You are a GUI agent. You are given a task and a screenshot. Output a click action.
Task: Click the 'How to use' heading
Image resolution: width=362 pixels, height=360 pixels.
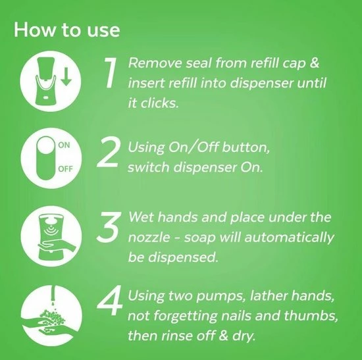pos(67,30)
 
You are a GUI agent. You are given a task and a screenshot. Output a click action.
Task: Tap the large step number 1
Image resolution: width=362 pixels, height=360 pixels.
pos(111,72)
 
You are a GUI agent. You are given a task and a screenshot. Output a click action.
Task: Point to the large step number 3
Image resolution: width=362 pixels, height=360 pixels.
pos(109,227)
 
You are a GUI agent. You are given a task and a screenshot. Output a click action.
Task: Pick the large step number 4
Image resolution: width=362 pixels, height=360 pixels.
pos(109,300)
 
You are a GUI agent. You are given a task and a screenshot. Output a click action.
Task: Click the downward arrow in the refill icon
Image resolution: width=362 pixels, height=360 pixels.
pos(66,76)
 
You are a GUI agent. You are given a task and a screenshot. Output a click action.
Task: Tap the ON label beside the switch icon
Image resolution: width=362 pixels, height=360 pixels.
pos(64,145)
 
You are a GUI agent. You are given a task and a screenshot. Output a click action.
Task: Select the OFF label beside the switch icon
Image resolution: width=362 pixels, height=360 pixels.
pos(65,169)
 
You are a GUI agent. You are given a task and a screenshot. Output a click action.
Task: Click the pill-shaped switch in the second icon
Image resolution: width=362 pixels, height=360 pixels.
pos(46,158)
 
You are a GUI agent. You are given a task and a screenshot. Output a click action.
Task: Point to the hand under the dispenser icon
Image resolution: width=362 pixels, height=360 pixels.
pos(57,246)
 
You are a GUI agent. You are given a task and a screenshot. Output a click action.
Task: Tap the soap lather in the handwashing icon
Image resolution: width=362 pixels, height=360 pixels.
pos(52,317)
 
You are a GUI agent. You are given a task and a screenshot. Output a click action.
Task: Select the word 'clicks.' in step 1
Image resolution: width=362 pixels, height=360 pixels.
pos(160,103)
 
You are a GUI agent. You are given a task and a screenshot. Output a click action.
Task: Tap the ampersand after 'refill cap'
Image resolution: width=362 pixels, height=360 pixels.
pos(314,63)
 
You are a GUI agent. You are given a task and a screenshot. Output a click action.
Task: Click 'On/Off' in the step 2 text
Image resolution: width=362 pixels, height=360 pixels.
pos(194,147)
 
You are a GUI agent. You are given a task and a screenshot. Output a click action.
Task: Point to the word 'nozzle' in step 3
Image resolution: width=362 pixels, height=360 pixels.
pos(149,237)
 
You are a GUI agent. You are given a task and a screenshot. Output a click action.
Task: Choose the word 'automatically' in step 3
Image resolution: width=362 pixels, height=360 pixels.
pos(290,238)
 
